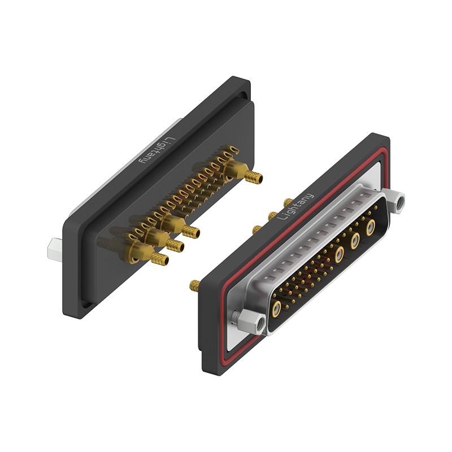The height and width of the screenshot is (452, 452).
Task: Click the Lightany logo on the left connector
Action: point(157,151)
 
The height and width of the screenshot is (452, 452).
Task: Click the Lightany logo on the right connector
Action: point(295,206)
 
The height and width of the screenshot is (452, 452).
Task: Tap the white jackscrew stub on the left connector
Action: point(55,250)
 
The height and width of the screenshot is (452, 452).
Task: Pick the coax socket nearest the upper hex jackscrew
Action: point(371,228)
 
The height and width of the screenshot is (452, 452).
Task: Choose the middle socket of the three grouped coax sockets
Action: point(355,241)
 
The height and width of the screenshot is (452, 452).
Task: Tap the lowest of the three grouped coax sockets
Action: point(340,254)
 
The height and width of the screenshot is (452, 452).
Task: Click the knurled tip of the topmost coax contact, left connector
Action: point(254,177)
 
